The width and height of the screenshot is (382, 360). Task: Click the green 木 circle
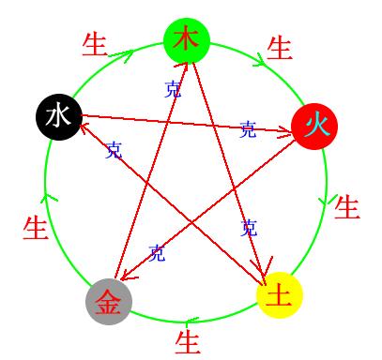click(187, 40)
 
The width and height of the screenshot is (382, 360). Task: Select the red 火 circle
click(314, 125)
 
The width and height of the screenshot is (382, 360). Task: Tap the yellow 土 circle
click(279, 295)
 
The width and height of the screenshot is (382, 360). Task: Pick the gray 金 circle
click(109, 301)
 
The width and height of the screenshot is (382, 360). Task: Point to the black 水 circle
click(57, 116)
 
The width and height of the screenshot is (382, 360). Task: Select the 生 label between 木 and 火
click(280, 47)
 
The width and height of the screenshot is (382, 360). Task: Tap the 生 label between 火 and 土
click(347, 206)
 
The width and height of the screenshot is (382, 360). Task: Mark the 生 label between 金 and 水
click(35, 227)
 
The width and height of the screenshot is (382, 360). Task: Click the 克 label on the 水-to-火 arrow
click(248, 129)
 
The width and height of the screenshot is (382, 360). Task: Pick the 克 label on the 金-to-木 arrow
click(173, 90)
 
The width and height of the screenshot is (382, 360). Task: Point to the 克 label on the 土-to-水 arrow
click(114, 150)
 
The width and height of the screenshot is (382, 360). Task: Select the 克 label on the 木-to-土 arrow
click(249, 227)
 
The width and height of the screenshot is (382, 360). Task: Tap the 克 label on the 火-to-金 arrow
click(157, 252)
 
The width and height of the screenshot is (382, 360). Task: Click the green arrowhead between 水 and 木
click(120, 53)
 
